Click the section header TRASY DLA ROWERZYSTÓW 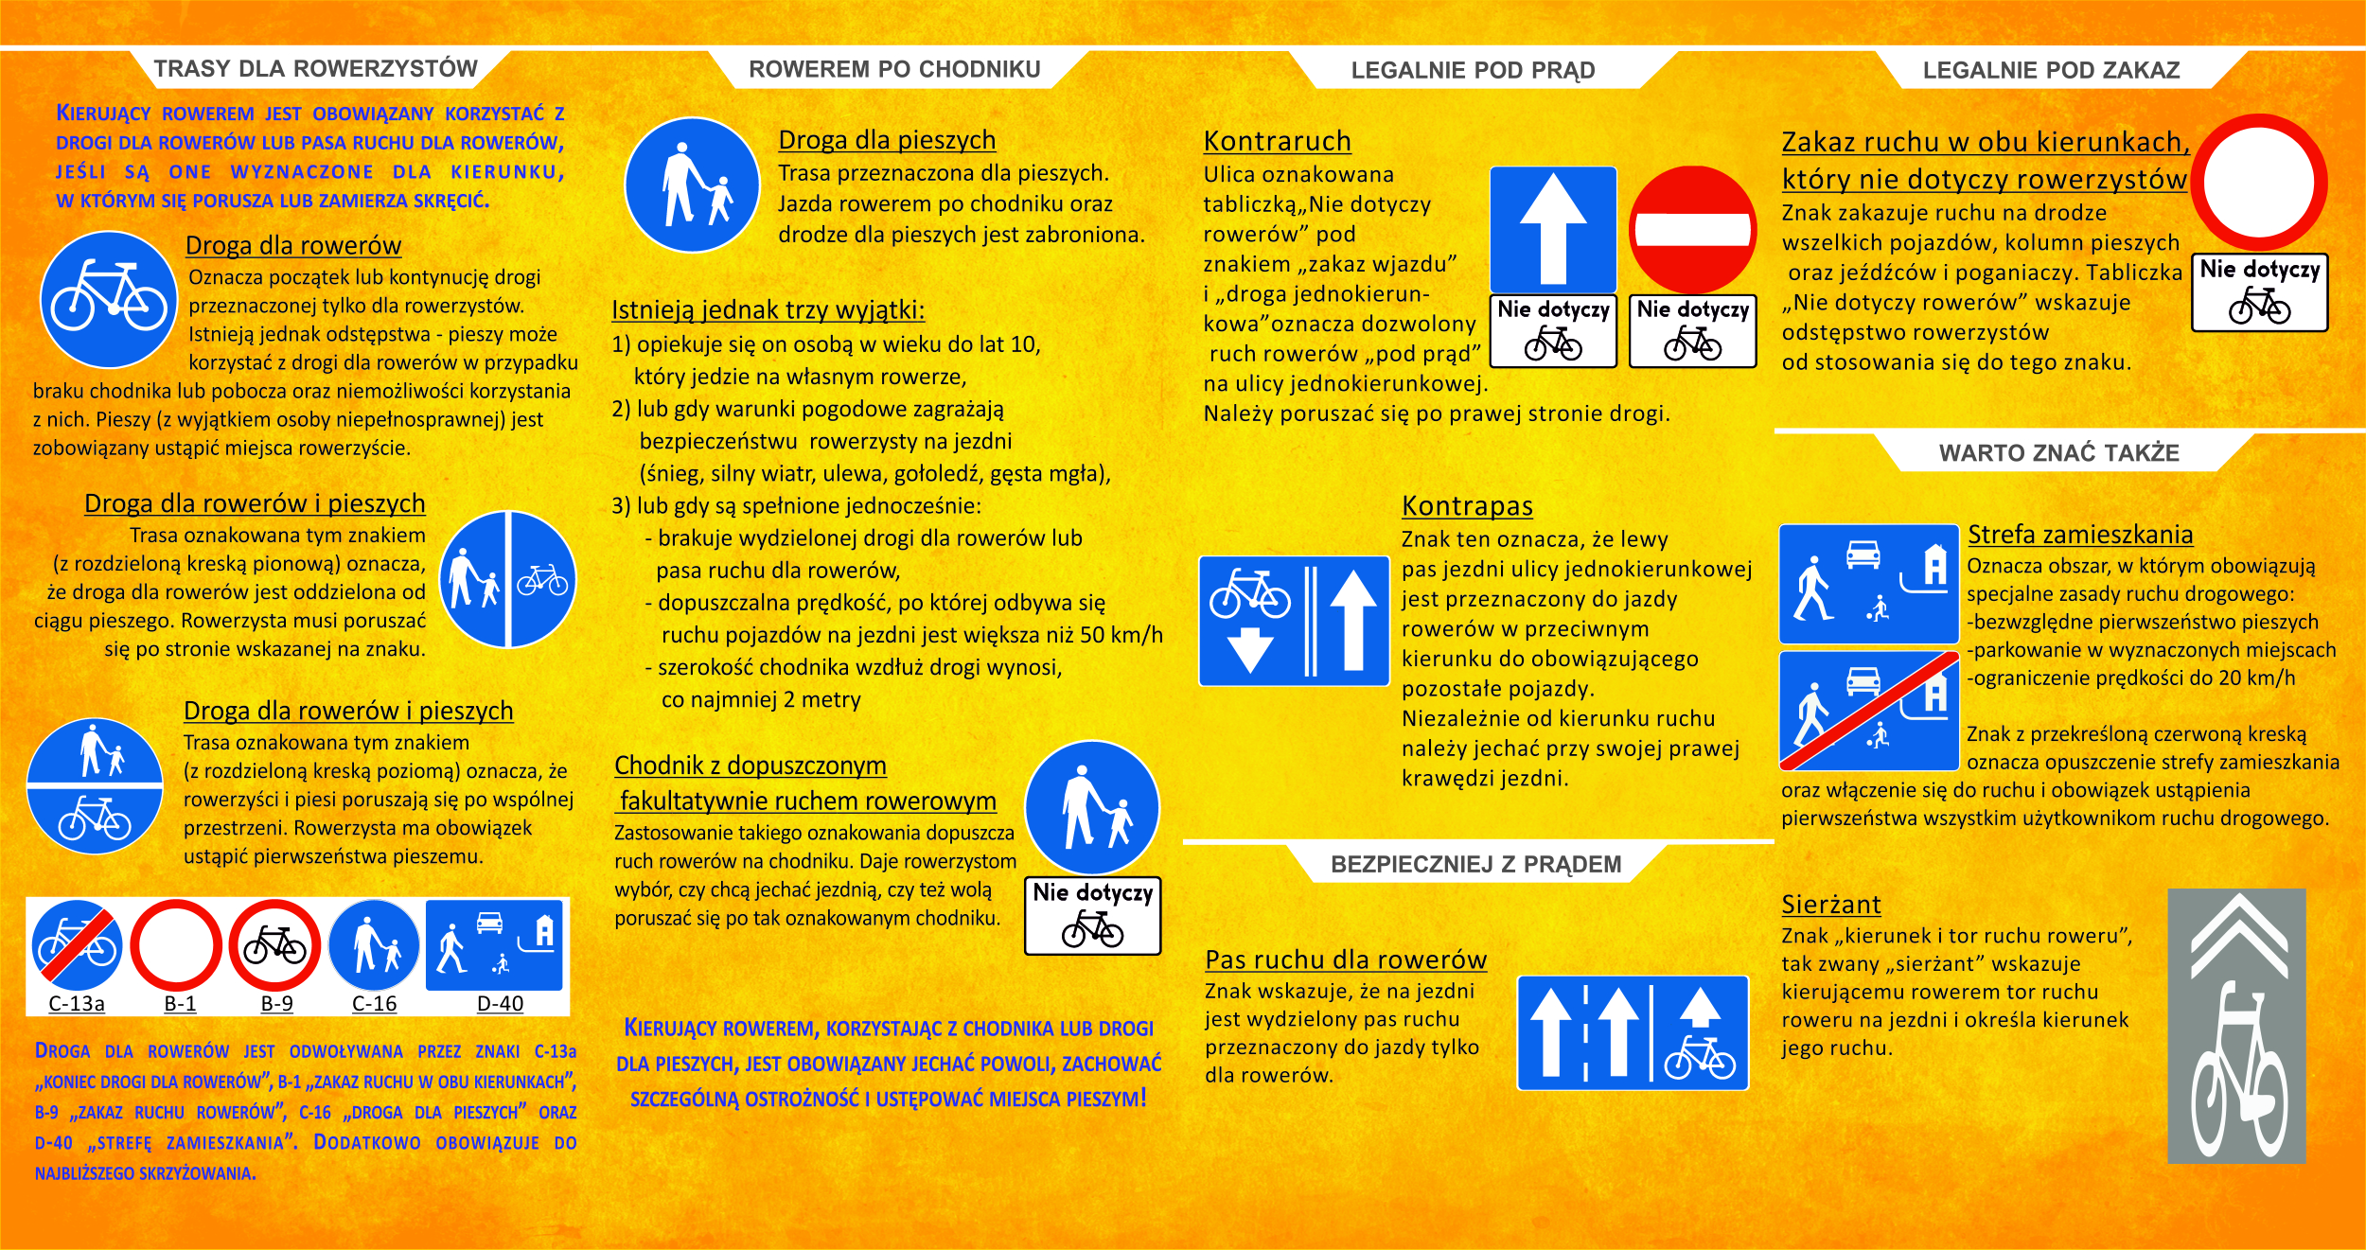[315, 69]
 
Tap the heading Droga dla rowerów [293, 245]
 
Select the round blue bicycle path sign [109, 299]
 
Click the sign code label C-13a [77, 1003]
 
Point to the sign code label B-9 [276, 1003]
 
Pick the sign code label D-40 [500, 1003]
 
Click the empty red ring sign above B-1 [176, 945]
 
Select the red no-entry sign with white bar [1692, 230]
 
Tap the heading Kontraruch [1277, 141]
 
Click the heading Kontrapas [1467, 506]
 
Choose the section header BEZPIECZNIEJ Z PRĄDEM [1475, 864]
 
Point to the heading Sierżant [1830, 905]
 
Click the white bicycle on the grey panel [2238, 1069]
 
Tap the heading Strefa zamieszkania [2080, 535]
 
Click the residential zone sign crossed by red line [1868, 711]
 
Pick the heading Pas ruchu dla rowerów [1345, 960]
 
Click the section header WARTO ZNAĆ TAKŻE [2058, 453]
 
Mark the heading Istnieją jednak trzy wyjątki [768, 310]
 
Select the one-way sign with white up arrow [1553, 230]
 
